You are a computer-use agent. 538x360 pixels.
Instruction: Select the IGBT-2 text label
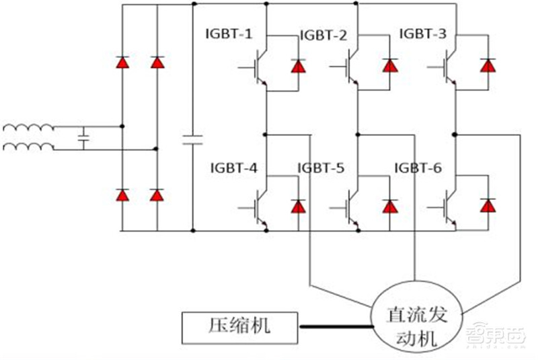point(323,35)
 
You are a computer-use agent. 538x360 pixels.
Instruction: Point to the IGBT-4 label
point(233,168)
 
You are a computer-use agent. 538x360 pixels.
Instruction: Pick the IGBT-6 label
point(418,168)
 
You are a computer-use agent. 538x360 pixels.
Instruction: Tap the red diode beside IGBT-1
point(297,66)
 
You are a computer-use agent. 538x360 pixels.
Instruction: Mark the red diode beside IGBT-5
point(389,206)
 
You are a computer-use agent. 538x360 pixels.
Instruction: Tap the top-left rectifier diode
point(122,63)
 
